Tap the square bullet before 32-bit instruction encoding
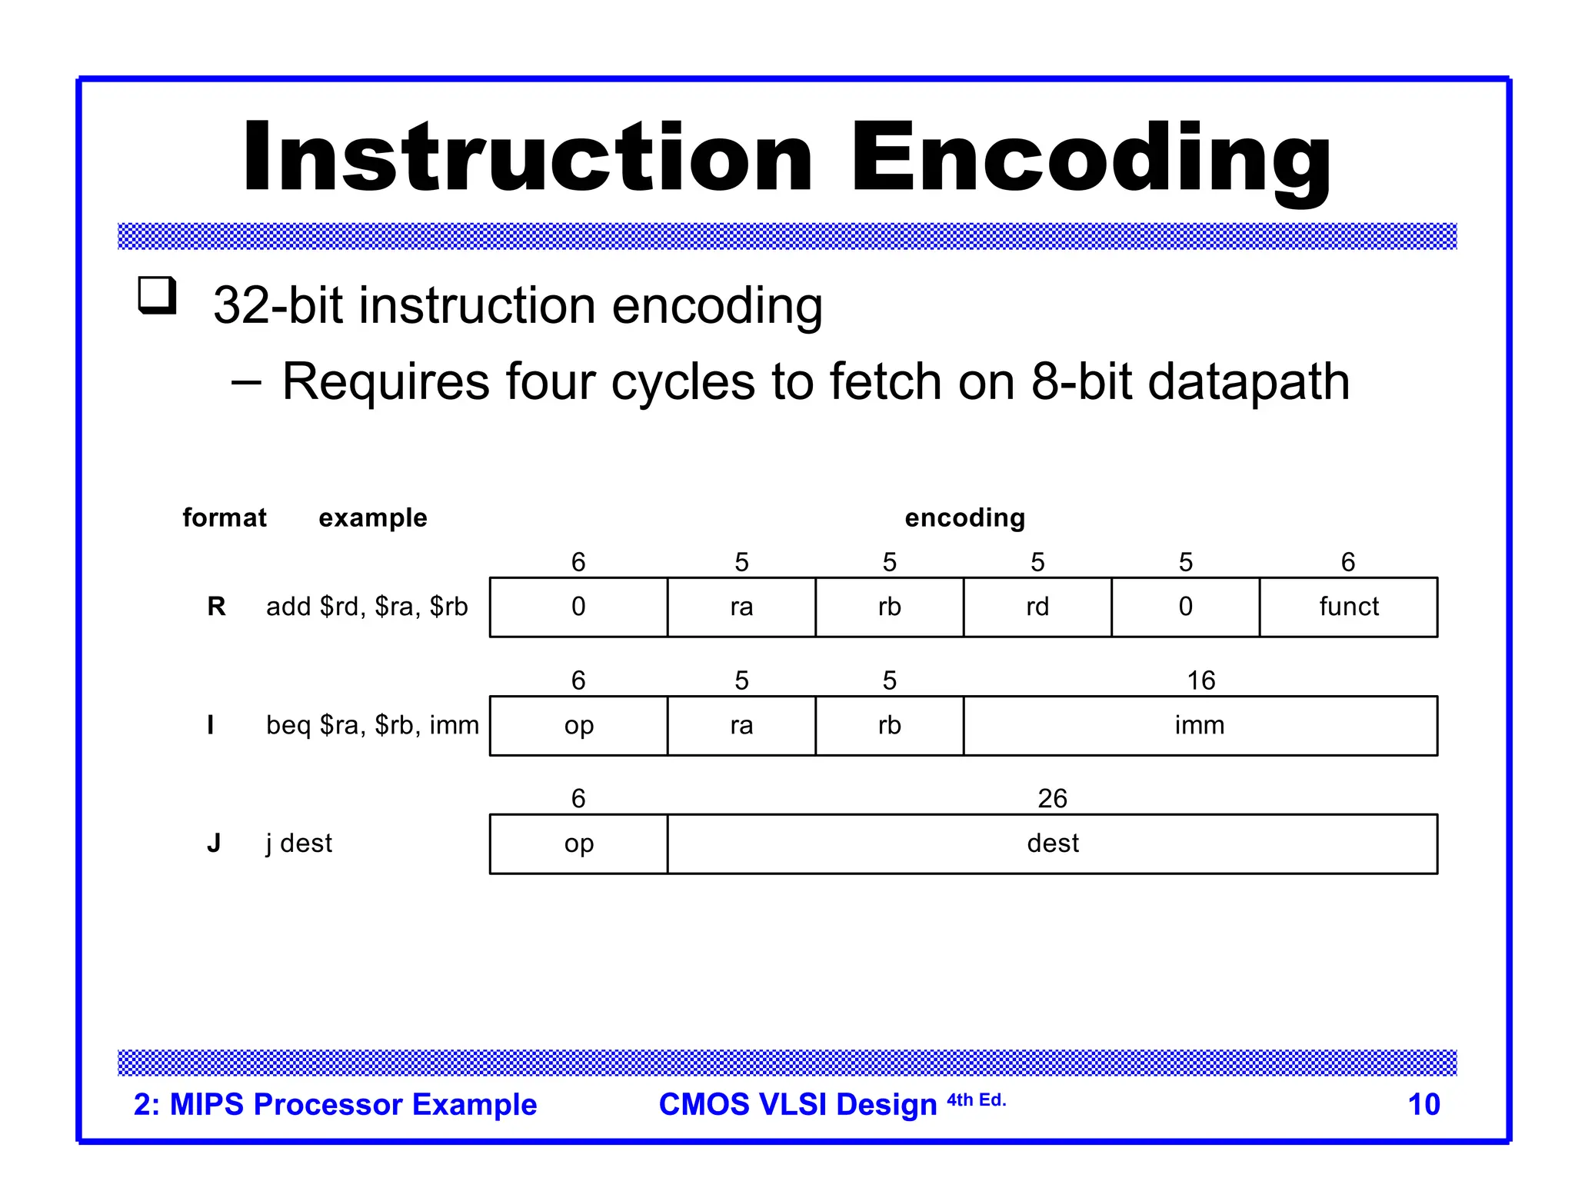tap(157, 295)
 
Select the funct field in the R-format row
tap(1348, 607)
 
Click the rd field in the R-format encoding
tap(1037, 607)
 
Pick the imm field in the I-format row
tap(1199, 725)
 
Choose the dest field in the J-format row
tap(1052, 843)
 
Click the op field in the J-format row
tap(578, 843)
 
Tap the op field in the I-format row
tap(578, 725)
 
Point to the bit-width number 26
tap(1052, 798)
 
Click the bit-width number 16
tap(1200, 680)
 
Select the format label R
tap(216, 607)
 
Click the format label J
tap(214, 843)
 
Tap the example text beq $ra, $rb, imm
tap(372, 725)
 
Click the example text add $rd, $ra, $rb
tap(367, 607)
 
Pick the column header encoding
tap(964, 517)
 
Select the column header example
tap(372, 517)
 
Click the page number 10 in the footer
tap(1423, 1104)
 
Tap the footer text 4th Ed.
tap(976, 1100)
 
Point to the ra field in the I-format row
tap(741, 725)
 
